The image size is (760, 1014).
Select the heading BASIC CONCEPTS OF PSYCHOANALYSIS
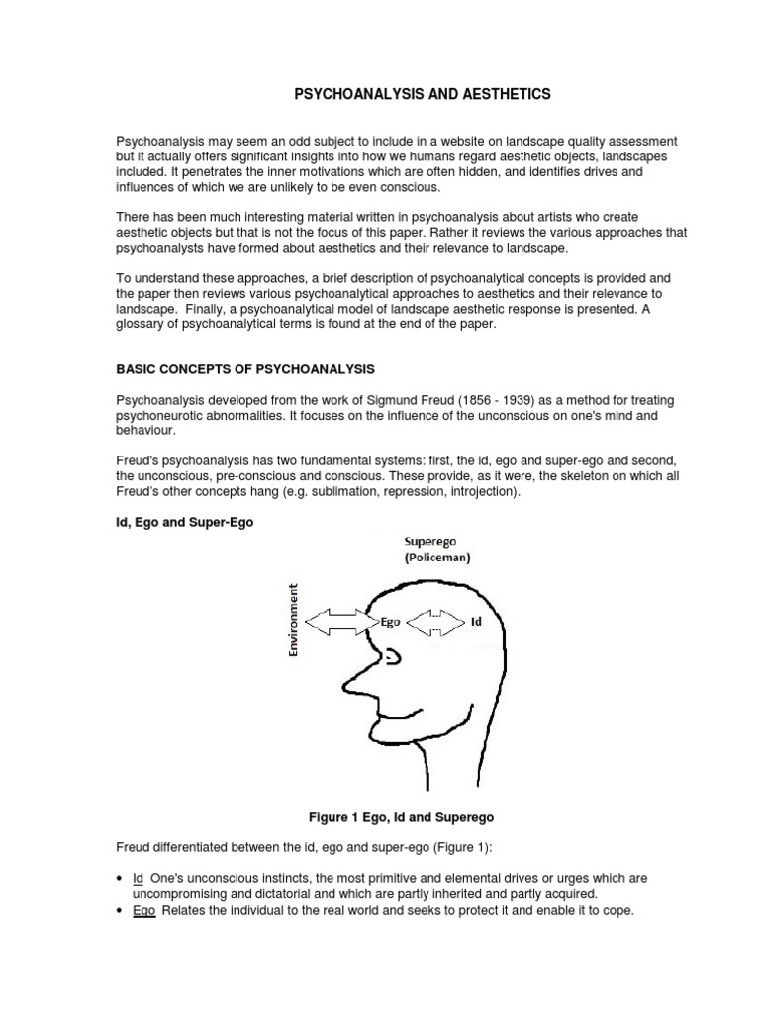click(245, 369)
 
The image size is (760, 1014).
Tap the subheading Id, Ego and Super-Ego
click(185, 523)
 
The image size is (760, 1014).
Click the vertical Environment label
click(293, 620)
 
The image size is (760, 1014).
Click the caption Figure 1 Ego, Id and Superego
click(401, 817)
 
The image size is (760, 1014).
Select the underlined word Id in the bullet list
click(138, 879)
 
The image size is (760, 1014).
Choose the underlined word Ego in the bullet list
click(144, 910)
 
